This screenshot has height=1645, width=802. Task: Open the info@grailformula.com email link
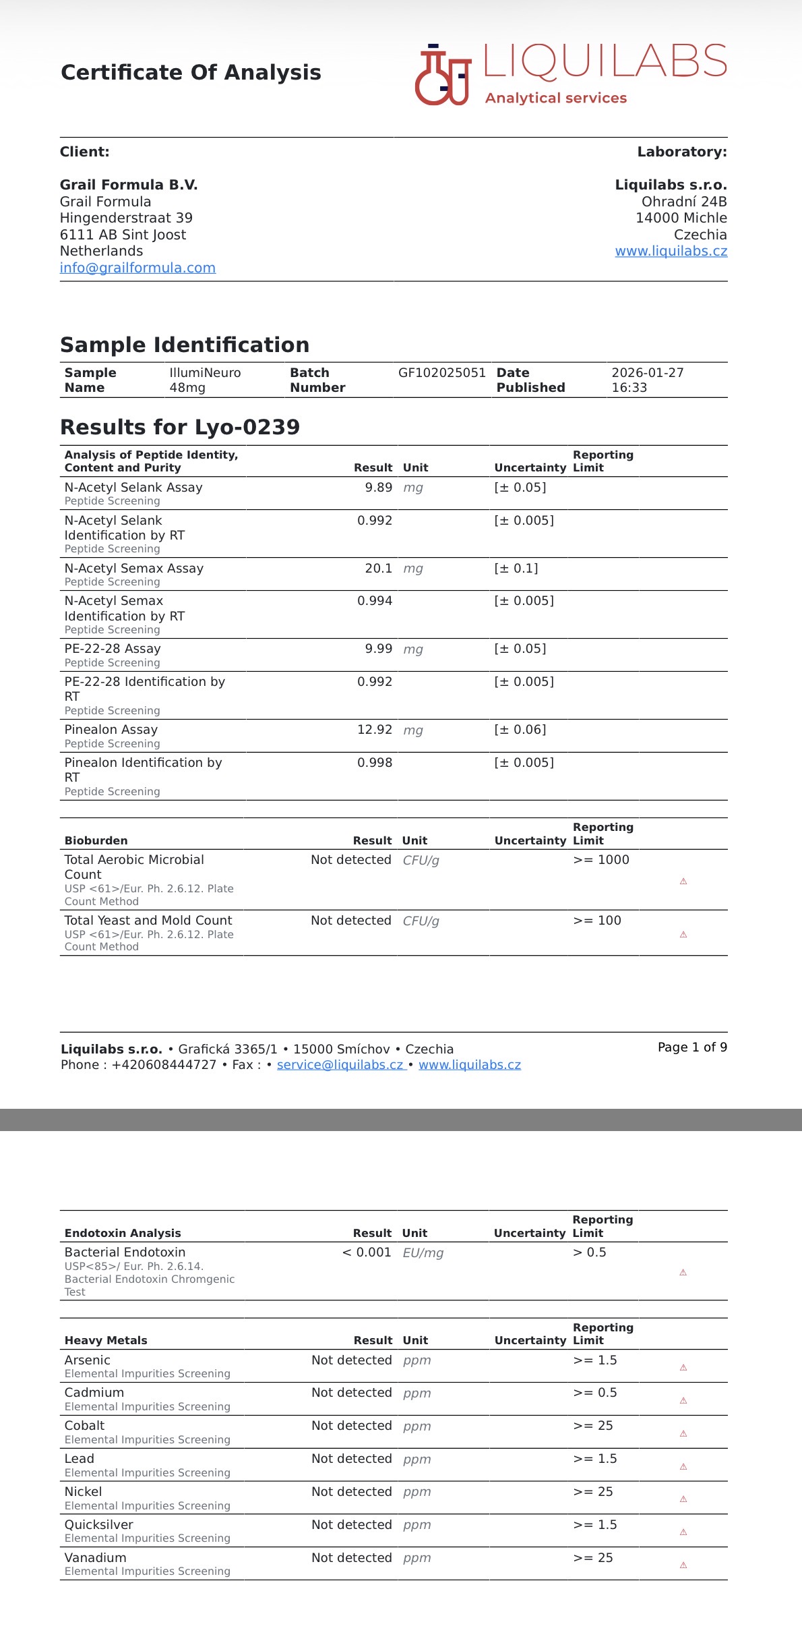coord(137,268)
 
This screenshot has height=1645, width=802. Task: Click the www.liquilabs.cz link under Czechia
coord(671,251)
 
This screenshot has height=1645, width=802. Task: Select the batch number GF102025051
coord(441,373)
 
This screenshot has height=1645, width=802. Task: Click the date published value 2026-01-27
coord(647,373)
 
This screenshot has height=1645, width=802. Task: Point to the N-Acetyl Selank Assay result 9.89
coord(378,488)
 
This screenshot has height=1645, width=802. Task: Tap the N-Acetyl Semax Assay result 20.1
coord(378,569)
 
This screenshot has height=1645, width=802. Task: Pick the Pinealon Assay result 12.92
coord(374,730)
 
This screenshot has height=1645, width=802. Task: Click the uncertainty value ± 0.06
coord(520,730)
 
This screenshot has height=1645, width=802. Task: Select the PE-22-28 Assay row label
coord(113,649)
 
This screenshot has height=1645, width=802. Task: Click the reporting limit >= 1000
coord(600,860)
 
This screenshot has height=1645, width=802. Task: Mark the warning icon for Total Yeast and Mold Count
coord(683,935)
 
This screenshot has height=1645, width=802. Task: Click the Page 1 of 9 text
coord(692,1047)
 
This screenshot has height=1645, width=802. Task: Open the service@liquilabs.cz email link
coord(340,1065)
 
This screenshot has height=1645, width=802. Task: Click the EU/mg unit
coord(423,1253)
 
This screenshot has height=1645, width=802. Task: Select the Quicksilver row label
coord(99,1525)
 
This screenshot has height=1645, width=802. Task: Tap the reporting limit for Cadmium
coord(594,1393)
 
